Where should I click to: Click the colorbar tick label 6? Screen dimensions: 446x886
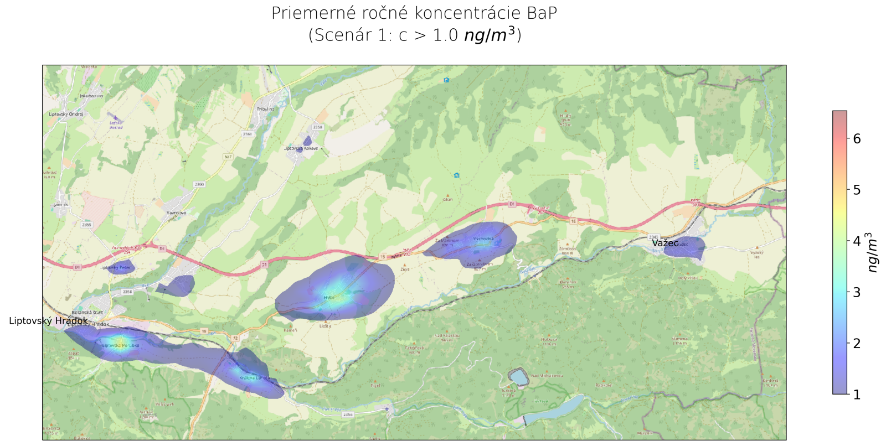coord(857,139)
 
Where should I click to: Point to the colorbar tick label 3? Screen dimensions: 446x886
coord(857,292)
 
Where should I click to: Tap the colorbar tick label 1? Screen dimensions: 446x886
coord(857,395)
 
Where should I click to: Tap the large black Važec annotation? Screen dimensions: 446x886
coord(664,243)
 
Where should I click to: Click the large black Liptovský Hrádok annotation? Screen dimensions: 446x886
coord(48,321)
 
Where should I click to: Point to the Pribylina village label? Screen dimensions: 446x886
coord(266,109)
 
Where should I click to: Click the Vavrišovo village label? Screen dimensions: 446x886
coord(177,212)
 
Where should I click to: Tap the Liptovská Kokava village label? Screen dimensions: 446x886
coord(301,148)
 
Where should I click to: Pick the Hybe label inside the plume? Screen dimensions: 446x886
coord(329,298)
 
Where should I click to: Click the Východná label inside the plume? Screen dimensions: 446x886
coord(483,238)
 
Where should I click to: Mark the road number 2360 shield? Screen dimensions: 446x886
coord(199,184)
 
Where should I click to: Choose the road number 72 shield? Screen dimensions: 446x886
coord(235,338)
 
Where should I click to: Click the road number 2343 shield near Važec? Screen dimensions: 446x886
coord(654,237)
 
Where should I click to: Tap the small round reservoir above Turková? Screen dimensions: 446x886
coord(519,377)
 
